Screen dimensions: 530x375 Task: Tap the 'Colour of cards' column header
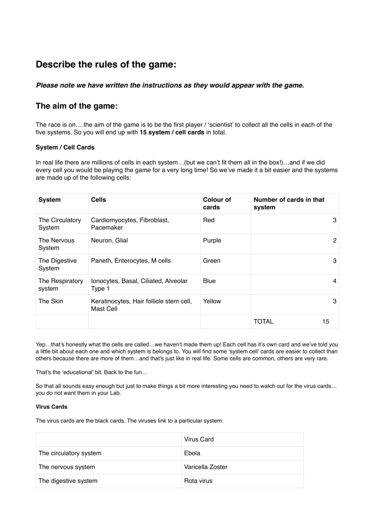point(217,204)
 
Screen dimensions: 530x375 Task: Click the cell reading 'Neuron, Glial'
point(110,240)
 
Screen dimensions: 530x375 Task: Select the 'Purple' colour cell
point(212,240)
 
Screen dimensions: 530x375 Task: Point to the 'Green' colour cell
point(212,260)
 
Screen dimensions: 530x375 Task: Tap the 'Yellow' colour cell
point(212,301)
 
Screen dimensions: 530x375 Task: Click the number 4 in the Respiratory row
point(335,280)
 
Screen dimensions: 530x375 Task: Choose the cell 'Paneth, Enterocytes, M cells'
point(132,260)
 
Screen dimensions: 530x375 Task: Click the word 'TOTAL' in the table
point(264,321)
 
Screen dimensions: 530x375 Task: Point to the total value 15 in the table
point(326,321)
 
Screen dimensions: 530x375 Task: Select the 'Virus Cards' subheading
point(51,395)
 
